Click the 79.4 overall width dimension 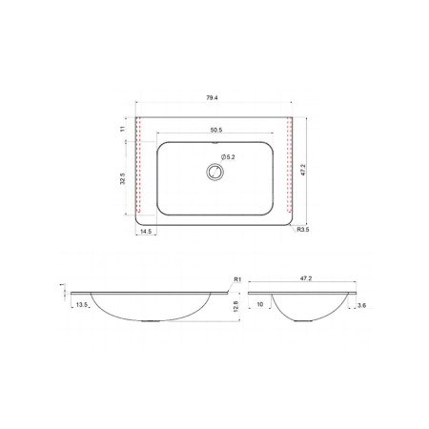212,98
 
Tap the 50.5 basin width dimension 216,130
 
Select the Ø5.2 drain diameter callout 228,156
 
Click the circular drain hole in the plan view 215,173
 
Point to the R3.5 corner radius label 303,230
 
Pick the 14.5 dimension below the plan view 146,232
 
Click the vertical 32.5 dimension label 123,178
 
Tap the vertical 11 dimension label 123,129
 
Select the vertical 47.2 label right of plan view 303,170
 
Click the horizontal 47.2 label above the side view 306,278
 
